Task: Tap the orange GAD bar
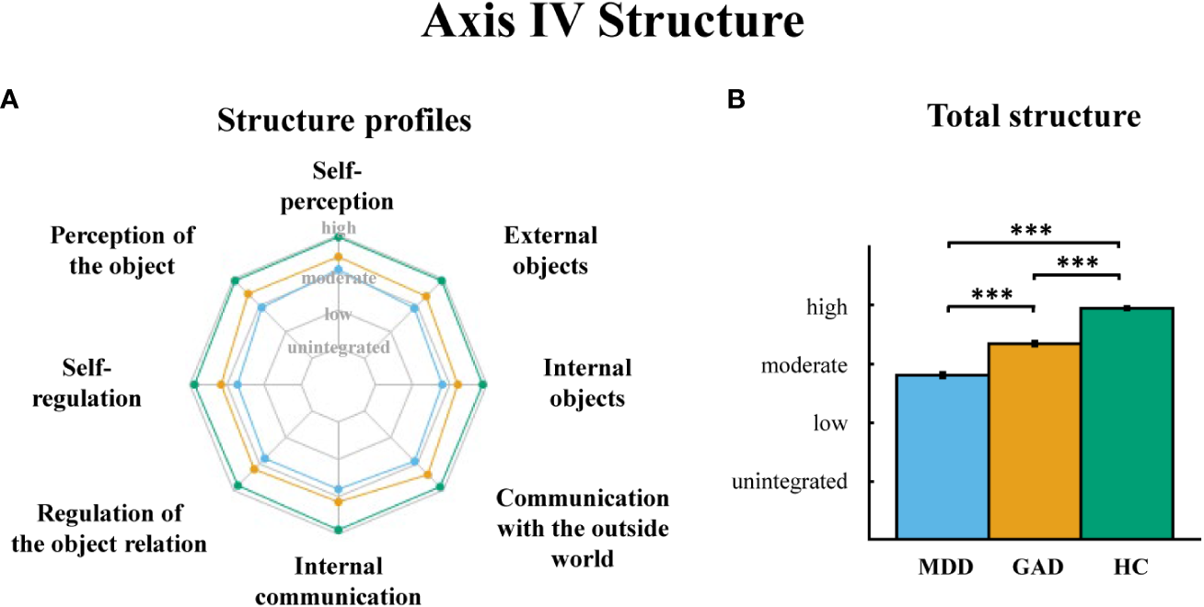tap(1034, 441)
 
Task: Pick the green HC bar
tap(1125, 423)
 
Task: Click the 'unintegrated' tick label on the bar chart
tap(789, 481)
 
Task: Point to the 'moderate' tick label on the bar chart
tap(804, 365)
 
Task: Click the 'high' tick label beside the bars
tap(827, 307)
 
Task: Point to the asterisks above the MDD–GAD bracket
tap(991, 295)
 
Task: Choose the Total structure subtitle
tap(1033, 117)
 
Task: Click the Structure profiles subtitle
tap(344, 120)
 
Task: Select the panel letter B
tap(735, 101)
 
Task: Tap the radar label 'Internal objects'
tap(587, 384)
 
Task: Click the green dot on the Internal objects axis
tap(483, 384)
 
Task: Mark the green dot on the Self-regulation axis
tap(193, 384)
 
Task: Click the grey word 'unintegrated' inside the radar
tap(339, 348)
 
